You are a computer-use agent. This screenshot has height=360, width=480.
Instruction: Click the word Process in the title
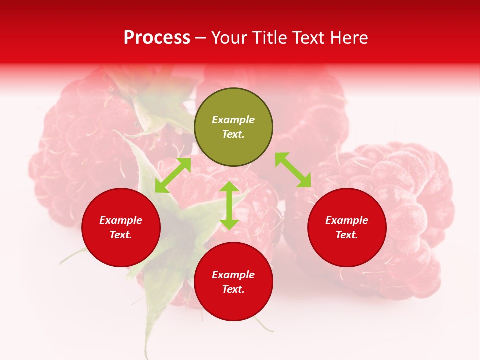click(157, 38)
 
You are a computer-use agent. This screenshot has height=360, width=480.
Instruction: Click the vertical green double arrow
click(229, 205)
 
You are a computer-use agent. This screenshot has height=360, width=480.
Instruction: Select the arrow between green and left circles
click(173, 175)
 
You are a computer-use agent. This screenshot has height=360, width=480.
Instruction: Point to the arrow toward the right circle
click(293, 170)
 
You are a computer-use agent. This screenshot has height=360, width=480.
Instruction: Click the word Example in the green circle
click(233, 120)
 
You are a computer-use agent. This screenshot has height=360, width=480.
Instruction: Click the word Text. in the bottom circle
click(233, 289)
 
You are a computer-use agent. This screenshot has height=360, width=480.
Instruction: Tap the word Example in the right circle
click(347, 220)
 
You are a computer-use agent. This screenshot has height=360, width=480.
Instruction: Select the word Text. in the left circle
click(121, 235)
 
